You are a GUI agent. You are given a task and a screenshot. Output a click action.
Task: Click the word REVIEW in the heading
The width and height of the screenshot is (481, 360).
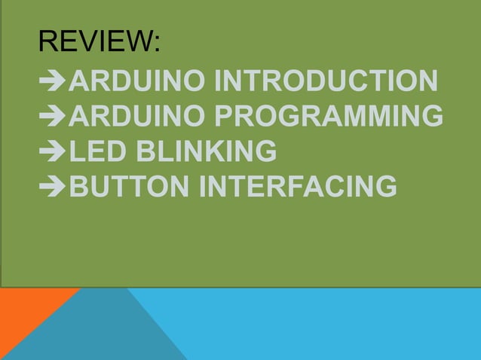pos(96,42)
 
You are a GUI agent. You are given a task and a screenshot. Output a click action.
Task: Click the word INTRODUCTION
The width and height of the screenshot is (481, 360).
pos(325,81)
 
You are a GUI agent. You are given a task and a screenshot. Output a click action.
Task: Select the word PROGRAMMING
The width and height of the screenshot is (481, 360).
pos(329,117)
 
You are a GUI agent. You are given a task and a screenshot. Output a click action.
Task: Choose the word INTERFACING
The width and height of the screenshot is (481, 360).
pos(297,186)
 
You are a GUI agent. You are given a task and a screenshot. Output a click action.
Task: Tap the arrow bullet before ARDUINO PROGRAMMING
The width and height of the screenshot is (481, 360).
pos(53,117)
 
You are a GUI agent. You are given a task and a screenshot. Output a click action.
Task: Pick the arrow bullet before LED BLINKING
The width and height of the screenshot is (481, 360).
pos(53,152)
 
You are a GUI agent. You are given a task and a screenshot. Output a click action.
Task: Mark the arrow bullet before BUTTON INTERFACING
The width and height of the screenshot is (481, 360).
pos(53,187)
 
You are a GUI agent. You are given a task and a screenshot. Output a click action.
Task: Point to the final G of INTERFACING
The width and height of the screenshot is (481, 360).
pos(385,186)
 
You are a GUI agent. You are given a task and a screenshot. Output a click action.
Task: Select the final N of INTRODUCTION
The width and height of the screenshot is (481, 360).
pos(426,81)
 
